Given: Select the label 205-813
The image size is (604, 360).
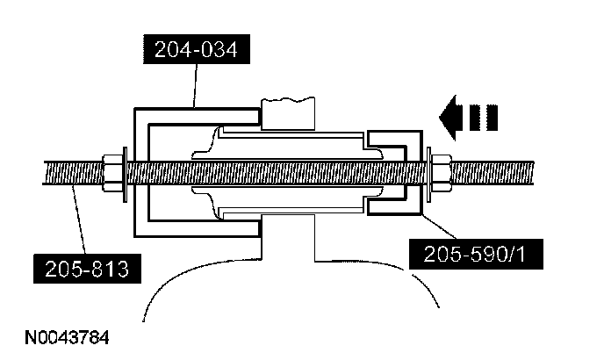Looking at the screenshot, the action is click(86, 267).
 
